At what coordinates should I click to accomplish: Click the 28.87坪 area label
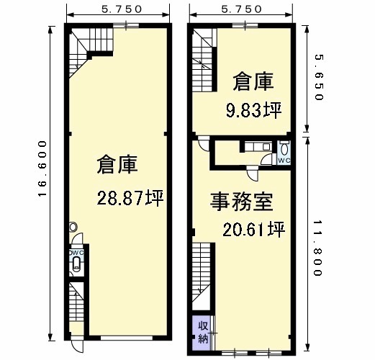point(130,198)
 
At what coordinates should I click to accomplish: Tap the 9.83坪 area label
point(253,110)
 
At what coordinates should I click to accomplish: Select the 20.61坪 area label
point(253,229)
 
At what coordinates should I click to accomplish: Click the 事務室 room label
point(242,202)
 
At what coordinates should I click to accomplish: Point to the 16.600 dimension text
point(42,168)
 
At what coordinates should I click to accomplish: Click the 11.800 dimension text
point(317,248)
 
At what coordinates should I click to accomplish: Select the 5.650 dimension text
point(320,77)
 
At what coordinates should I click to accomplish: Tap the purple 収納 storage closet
point(202,333)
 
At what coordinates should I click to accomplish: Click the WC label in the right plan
point(284,161)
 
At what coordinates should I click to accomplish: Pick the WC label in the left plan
point(77,253)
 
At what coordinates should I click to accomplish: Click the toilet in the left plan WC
point(76,264)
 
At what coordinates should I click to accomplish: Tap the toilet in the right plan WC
point(284,149)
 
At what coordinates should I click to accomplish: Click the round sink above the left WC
point(73,227)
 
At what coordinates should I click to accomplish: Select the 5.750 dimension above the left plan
point(122,9)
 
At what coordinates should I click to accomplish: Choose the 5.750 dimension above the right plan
point(241,9)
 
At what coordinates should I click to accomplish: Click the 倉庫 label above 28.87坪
point(117,164)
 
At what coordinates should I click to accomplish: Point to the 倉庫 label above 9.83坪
point(253,81)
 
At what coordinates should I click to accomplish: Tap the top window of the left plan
point(126,25)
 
